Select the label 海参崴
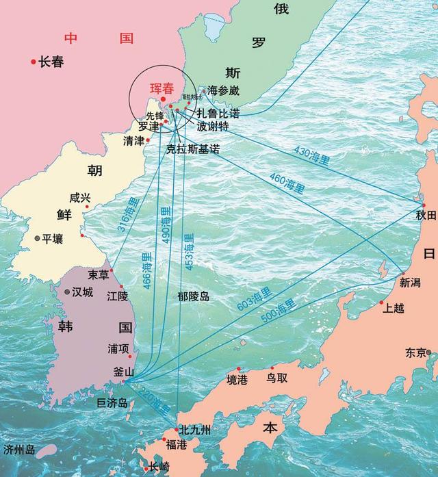tap(224, 90)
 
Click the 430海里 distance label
tap(311, 157)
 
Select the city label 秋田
tap(426, 216)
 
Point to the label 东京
tap(415, 353)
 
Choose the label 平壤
tap(53, 239)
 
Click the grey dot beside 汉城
tap(67, 292)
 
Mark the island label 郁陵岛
tap(194, 296)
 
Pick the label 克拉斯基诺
tap(193, 148)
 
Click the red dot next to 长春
tap(33, 62)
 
